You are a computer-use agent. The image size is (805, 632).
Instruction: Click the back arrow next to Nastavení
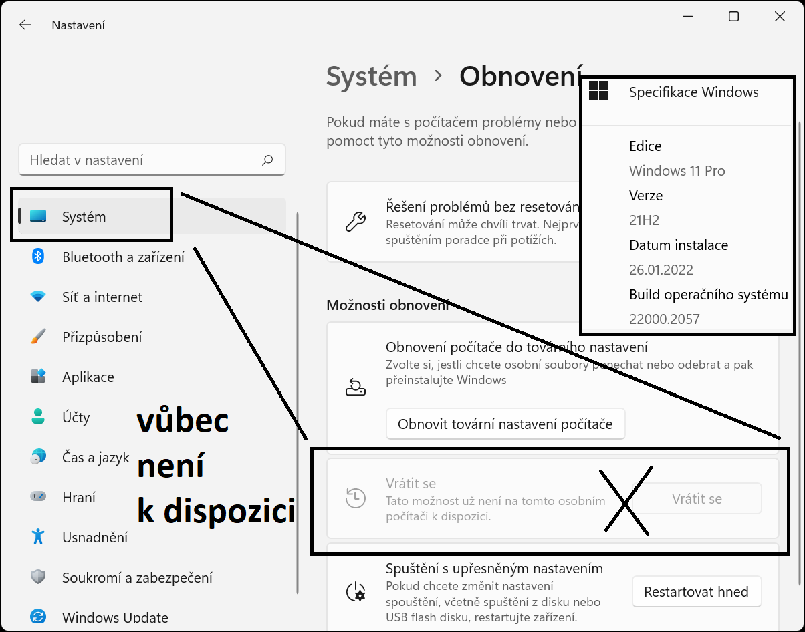25,25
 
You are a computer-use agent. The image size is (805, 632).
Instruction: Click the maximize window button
733,17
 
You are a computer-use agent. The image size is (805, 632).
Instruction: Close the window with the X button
780,17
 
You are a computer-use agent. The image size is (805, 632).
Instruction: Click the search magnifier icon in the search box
267,160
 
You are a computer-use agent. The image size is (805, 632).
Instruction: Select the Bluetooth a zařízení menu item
123,257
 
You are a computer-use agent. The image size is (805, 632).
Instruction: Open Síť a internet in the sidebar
102,297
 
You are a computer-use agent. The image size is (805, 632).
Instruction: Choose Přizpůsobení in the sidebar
102,337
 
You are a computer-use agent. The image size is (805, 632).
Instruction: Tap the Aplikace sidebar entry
88,377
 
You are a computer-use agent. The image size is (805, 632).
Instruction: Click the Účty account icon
38,418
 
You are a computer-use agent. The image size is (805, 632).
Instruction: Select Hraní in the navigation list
78,498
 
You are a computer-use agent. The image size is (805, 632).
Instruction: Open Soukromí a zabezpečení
137,578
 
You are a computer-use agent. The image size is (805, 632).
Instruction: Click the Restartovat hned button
696,592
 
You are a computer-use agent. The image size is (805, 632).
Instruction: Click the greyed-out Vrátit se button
697,499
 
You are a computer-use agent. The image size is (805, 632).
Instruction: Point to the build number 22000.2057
664,319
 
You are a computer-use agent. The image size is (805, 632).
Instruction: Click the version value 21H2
645,220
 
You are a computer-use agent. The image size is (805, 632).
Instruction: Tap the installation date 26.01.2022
661,270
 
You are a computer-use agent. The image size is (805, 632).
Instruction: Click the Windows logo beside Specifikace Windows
598,92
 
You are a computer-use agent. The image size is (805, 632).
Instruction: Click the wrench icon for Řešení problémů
355,222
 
